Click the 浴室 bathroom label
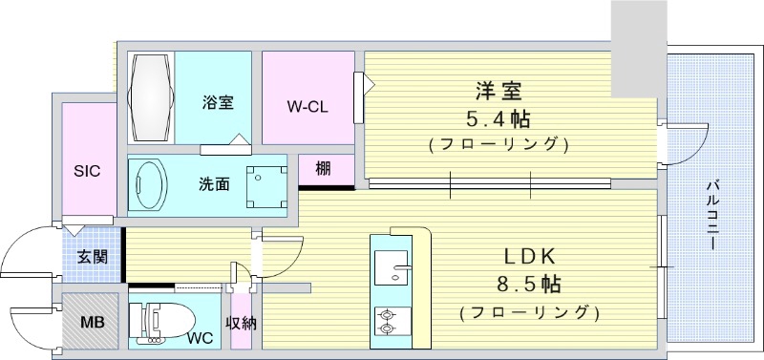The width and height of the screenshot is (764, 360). point(218,100)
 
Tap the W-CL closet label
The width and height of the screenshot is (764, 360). point(308,106)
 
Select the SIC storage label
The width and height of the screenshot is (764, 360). point(88,171)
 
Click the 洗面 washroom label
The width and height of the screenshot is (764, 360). point(213,183)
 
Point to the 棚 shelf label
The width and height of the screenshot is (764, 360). point(323,170)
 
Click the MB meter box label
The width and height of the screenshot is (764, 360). point(93,321)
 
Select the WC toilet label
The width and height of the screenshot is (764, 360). point(200,338)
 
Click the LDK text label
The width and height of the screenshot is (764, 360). point(529,257)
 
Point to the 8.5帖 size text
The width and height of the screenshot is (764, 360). point(528,285)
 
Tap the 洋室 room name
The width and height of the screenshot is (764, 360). point(499,93)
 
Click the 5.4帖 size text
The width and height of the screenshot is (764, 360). point(499,120)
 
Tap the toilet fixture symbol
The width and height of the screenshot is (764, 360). point(158,323)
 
